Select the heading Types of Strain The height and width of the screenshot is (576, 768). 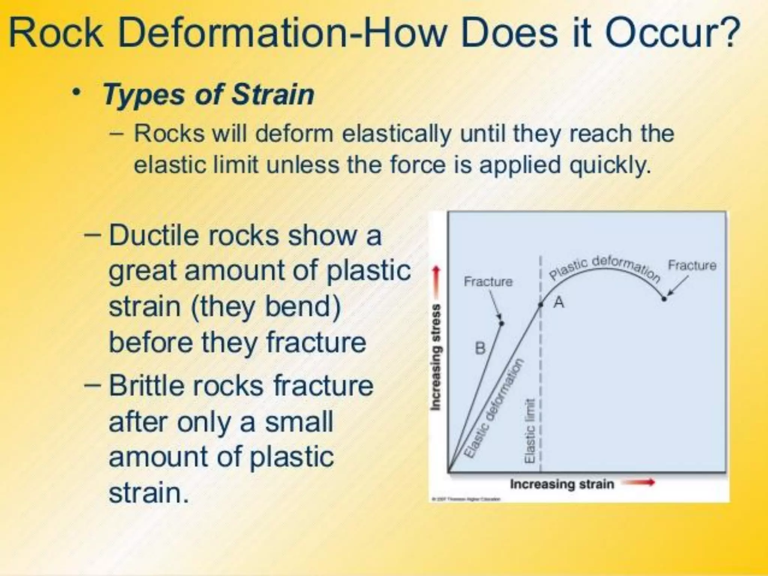[x=208, y=94]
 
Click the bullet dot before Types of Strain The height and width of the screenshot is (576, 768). [x=77, y=92]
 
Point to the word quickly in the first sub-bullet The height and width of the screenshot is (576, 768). [x=610, y=165]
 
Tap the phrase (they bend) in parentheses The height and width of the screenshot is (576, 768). [x=266, y=307]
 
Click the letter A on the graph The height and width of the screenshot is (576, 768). [x=559, y=302]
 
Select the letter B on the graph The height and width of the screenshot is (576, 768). [x=480, y=348]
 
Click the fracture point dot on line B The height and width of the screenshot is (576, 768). [x=502, y=323]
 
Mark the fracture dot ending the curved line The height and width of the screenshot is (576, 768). [x=664, y=299]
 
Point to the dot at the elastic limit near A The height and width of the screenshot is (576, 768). [x=541, y=305]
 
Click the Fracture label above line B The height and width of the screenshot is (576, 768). [x=488, y=282]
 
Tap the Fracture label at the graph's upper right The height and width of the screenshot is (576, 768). [x=692, y=265]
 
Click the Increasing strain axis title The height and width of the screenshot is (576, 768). [x=562, y=484]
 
